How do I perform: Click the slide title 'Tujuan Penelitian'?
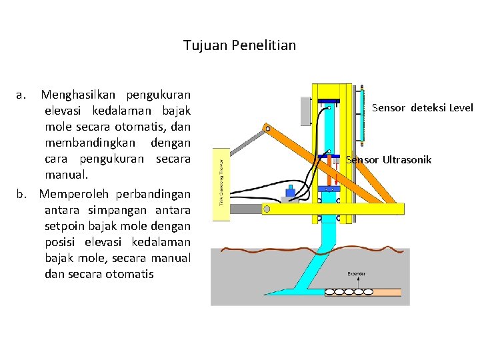click(x=239, y=46)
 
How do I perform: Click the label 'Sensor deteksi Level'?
click(x=422, y=107)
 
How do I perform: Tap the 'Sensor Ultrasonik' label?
click(x=389, y=160)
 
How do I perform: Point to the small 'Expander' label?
click(x=356, y=274)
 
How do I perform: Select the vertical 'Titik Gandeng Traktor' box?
click(x=225, y=177)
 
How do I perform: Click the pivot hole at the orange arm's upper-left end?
click(x=267, y=127)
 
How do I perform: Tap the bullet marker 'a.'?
click(x=21, y=95)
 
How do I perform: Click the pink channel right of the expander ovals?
click(x=390, y=291)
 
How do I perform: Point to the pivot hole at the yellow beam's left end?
click(x=267, y=209)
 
